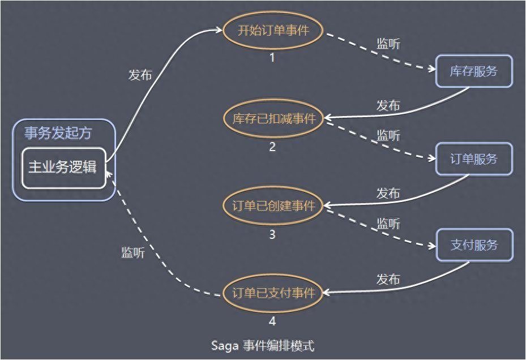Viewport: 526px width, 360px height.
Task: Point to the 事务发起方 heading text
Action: pos(58,133)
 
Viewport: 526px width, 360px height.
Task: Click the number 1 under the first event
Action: pos(272,58)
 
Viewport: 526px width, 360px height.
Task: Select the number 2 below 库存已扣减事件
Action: pos(272,147)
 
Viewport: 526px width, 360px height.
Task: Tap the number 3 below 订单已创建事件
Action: pos(272,234)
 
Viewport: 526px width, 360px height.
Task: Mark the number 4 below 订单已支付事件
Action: pos(272,321)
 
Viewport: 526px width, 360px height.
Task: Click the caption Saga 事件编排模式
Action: pos(263,346)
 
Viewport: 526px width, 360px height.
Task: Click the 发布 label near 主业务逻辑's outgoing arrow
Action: pos(140,75)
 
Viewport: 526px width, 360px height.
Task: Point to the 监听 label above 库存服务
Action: pos(388,44)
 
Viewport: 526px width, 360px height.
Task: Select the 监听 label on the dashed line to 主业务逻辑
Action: pos(133,252)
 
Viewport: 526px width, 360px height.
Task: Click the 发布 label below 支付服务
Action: pos(388,279)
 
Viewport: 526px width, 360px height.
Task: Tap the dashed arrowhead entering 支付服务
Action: pos(433,246)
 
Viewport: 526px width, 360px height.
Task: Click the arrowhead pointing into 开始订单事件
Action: pos(219,30)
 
